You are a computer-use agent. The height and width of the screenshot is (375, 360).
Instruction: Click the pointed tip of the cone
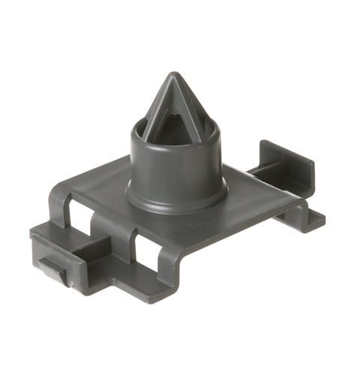point(174,75)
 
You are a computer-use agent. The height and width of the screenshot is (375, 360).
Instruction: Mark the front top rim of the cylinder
point(177,146)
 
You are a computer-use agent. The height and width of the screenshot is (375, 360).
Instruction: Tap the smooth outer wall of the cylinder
point(177,169)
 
